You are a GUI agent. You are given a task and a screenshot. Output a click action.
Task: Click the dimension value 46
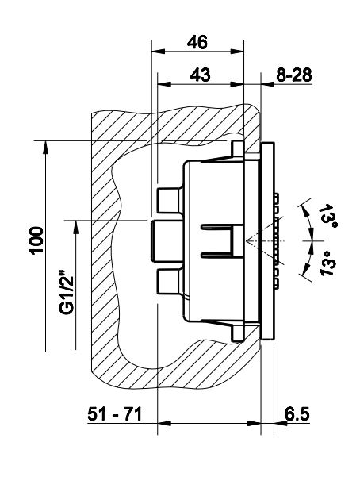point(197,42)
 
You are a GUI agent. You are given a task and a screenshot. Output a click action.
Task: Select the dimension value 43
point(201,75)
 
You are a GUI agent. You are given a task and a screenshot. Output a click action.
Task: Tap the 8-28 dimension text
point(294,75)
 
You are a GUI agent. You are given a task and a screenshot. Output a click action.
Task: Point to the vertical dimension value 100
point(37,240)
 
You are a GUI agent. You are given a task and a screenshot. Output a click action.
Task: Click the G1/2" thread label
point(67,292)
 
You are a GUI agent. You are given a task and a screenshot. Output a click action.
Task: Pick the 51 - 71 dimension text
point(115,413)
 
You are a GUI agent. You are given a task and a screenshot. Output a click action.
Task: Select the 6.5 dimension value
point(297,413)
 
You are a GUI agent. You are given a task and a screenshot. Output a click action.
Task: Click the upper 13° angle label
point(327,216)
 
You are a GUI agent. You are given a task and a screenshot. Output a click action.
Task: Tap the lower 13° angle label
point(329,263)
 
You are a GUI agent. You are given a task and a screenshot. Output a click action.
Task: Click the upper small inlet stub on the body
point(170,200)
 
